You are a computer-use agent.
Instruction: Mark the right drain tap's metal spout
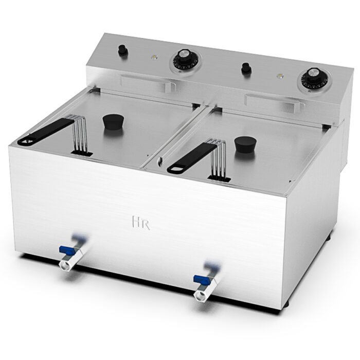pyautogui.click(x=201, y=295)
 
